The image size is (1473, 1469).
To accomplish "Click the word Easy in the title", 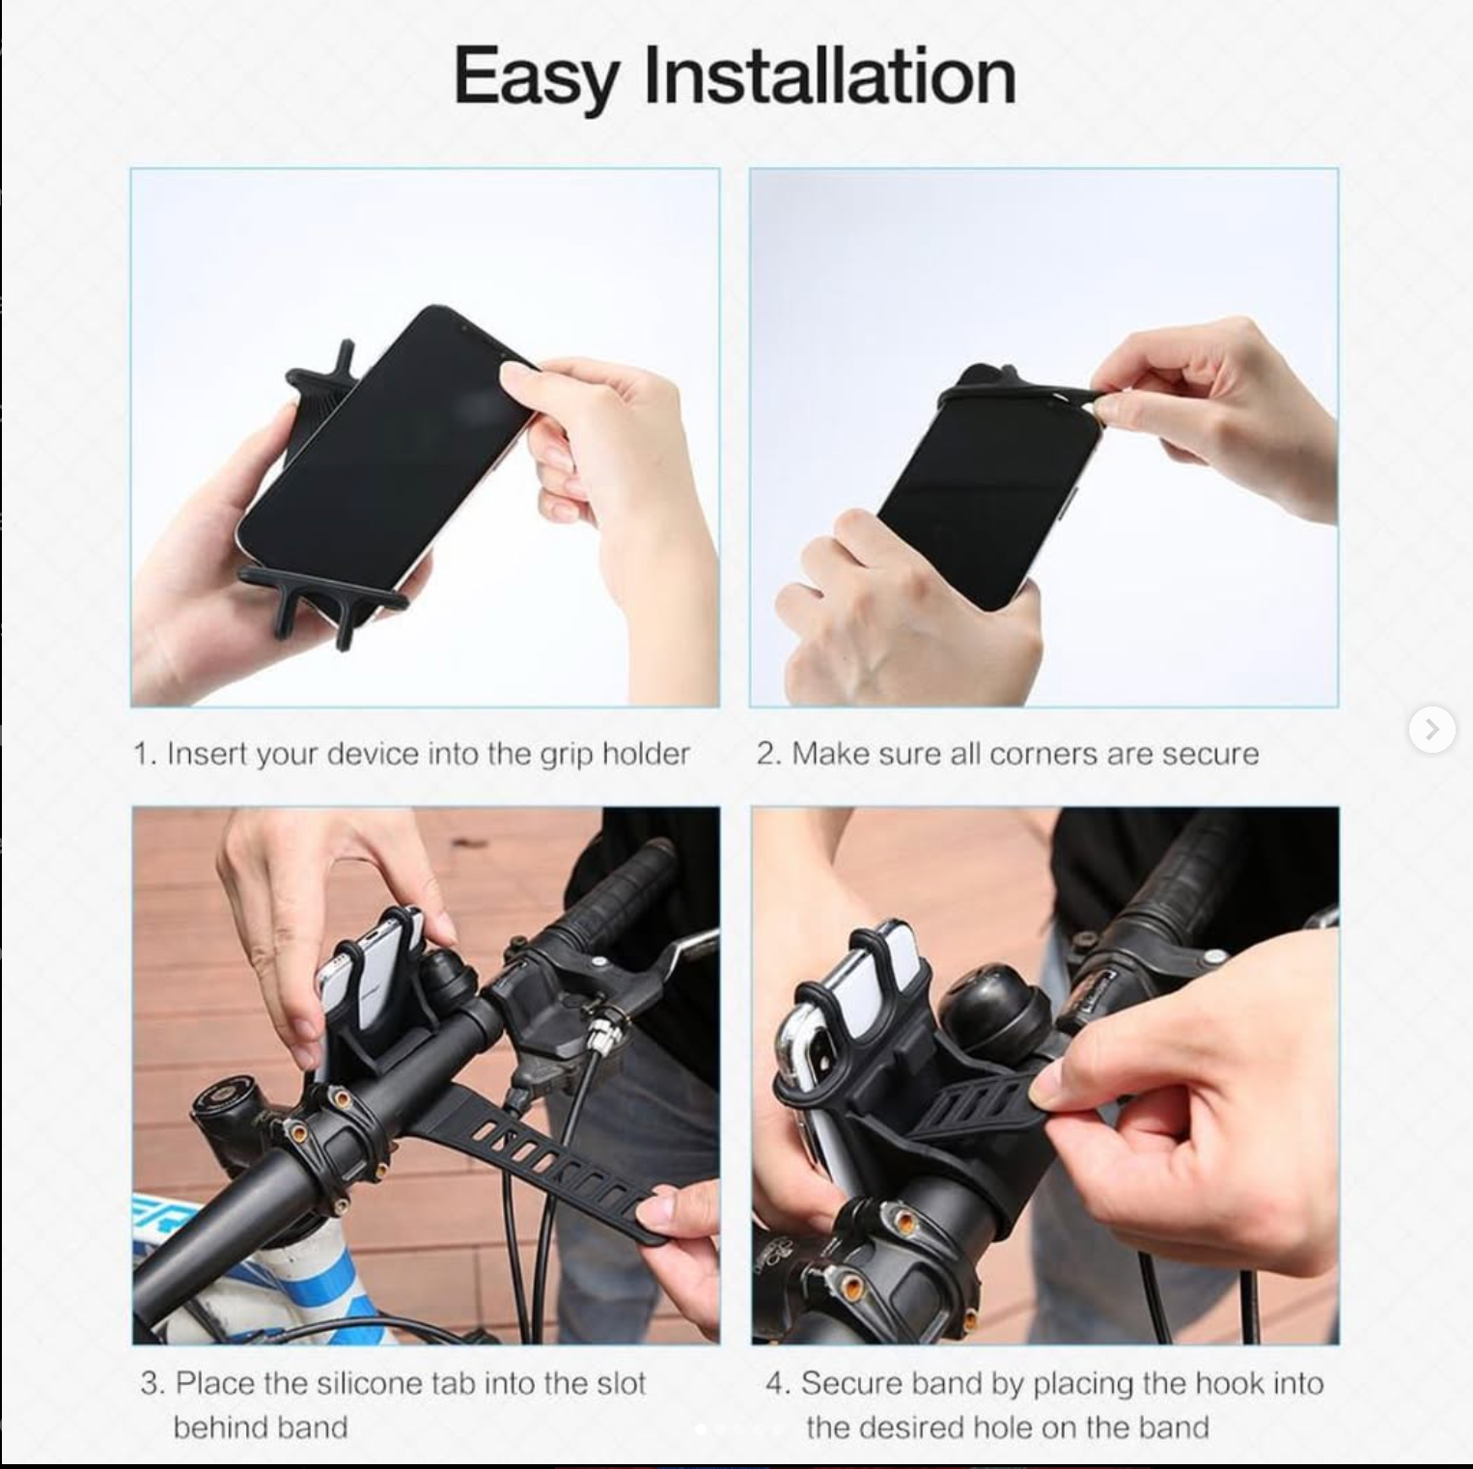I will [535, 77].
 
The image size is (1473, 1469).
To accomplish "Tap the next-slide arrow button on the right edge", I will [1431, 730].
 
